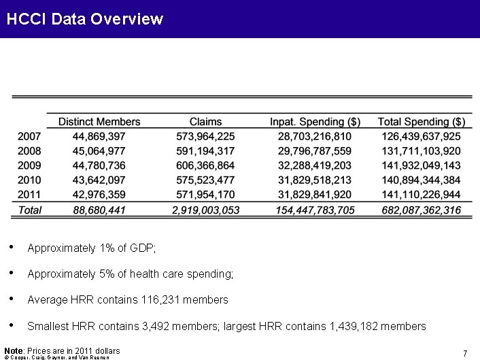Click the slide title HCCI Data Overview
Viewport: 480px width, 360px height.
coord(84,19)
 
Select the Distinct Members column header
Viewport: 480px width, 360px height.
coord(99,122)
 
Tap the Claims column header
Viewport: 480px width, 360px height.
coord(205,122)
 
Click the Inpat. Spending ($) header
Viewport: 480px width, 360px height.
coord(315,122)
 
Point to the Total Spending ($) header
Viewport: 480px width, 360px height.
coord(422,122)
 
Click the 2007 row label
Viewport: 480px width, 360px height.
coord(29,137)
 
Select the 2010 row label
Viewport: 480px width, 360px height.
coord(29,180)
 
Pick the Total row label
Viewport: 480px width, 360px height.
coord(29,210)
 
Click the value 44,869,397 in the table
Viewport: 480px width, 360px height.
coord(99,137)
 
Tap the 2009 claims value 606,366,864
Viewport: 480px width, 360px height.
coord(205,165)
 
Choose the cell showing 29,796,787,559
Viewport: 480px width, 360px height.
coord(315,151)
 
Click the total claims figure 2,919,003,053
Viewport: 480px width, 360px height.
coord(205,210)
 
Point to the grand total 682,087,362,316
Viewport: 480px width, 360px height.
coord(422,210)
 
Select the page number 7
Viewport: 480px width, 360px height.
coord(464,353)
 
